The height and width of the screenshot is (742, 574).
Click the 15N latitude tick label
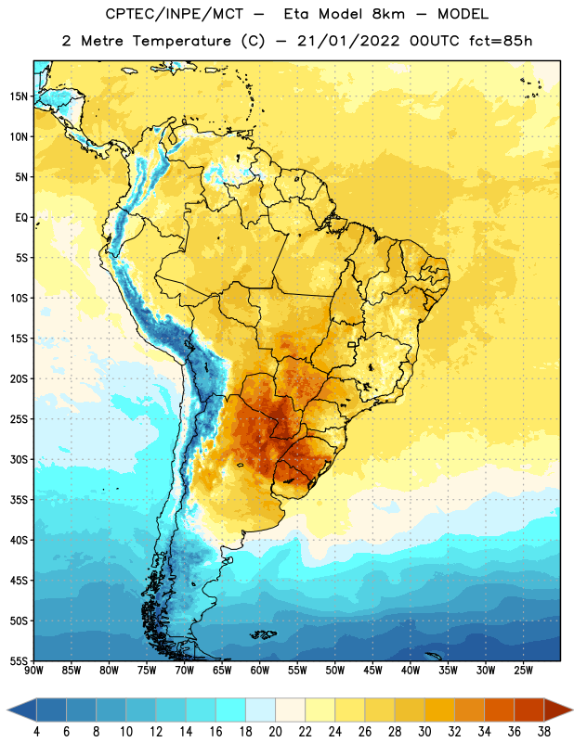point(19,96)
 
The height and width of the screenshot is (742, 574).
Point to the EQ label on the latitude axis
point(21,218)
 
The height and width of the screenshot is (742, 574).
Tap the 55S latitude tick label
point(19,660)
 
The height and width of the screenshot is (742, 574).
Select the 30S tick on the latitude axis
point(19,459)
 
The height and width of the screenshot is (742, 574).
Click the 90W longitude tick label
point(33,671)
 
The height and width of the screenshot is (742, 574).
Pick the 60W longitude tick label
point(260,671)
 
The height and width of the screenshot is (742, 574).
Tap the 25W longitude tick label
point(523,671)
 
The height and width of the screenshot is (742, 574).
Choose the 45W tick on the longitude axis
point(372,671)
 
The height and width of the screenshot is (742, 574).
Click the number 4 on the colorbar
point(36,732)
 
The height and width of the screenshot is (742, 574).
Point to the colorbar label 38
point(544,732)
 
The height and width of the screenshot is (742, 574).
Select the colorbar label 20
point(275,732)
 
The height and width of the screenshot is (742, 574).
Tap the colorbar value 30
point(424,732)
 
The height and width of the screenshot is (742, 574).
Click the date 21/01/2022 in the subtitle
point(348,41)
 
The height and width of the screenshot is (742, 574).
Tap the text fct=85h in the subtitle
point(501,41)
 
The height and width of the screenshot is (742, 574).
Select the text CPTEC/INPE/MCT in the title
point(174,14)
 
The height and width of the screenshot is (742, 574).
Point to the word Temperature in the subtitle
point(181,41)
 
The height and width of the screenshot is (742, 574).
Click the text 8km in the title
point(388,14)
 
